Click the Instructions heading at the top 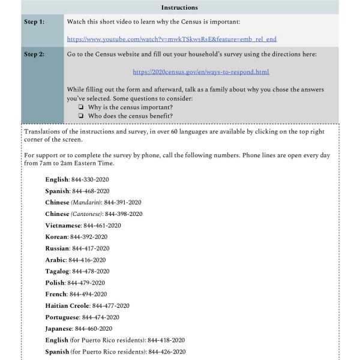click(180, 7)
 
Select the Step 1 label click(34, 22)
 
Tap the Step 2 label click(34, 55)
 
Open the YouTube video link click(172, 39)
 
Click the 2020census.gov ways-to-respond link click(201, 72)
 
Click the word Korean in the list click(56, 237)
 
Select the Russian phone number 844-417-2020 click(90, 248)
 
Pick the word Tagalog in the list click(58, 271)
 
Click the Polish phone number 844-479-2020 click(86, 283)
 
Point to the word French click(56, 294)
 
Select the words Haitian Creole click(67, 305)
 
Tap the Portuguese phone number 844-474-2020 click(100, 317)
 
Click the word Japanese click(59, 329)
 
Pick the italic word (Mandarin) click(86, 203)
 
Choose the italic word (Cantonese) click(86, 214)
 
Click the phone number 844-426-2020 click(167, 352)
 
